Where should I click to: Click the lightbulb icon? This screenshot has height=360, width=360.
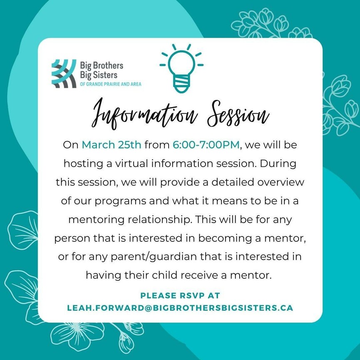tap(181, 68)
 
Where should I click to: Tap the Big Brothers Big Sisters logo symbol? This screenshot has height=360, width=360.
tap(64, 74)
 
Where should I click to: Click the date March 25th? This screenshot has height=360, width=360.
tap(112, 145)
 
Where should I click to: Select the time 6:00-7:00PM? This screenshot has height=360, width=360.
tap(206, 145)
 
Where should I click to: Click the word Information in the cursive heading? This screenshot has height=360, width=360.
tap(144, 114)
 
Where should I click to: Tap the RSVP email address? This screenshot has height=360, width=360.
tap(180, 308)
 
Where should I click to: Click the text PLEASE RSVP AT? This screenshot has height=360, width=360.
tap(180, 295)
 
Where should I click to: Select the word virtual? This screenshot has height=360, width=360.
tap(132, 164)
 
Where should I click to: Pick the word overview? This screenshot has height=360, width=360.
tap(281, 182)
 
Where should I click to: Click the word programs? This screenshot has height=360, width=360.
tap(120, 201)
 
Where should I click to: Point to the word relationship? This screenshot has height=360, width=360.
tap(159, 220)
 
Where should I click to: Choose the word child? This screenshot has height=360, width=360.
tap(165, 275)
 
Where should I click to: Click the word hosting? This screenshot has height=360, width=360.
tap(83, 164)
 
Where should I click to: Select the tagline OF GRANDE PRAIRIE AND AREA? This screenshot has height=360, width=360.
tap(110, 84)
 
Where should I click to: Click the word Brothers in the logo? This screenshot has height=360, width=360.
tap(108, 65)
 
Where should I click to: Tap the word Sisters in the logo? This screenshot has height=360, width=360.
tap(105, 75)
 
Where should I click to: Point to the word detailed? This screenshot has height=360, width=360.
tap(233, 182)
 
